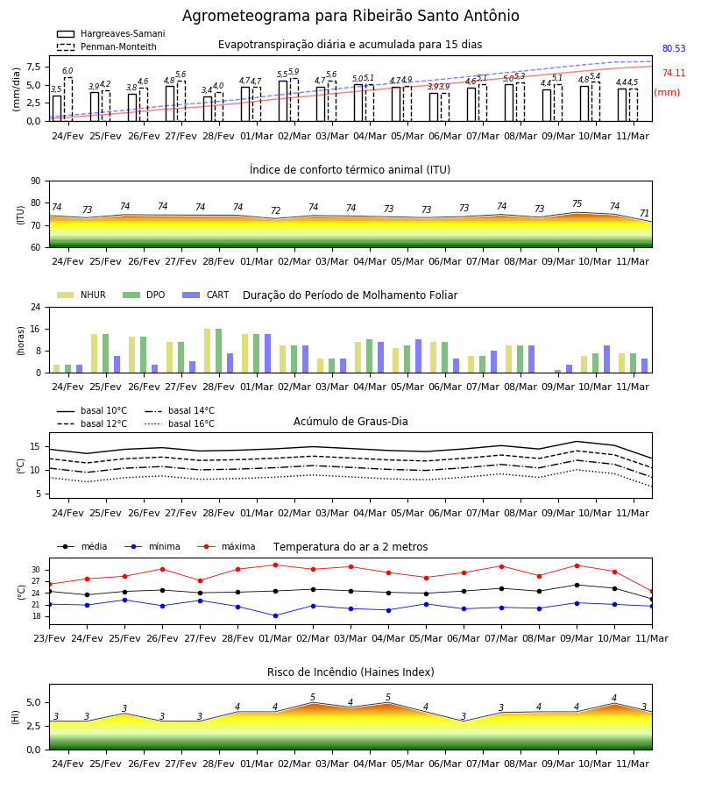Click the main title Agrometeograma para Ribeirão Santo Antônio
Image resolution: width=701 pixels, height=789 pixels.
tap(350, 16)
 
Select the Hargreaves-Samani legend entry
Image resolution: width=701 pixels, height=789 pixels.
tap(110, 33)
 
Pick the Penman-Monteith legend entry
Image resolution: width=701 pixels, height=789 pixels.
tap(107, 46)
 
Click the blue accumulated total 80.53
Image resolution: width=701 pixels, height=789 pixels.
tap(674, 48)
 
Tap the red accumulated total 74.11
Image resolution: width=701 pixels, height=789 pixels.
tap(674, 73)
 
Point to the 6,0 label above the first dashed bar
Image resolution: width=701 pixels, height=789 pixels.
tap(67, 71)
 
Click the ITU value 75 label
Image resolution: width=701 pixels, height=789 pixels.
tap(577, 203)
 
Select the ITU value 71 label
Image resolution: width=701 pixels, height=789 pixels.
tap(644, 213)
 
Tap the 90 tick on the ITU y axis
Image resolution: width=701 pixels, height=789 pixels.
tap(36, 181)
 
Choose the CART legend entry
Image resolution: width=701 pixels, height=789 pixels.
tap(205, 295)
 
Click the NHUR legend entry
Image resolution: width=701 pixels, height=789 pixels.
tap(81, 295)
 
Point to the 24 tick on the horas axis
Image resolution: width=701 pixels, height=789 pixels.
tap(36, 307)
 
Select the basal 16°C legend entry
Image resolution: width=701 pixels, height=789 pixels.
tap(179, 423)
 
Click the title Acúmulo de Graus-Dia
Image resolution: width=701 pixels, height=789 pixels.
tap(350, 422)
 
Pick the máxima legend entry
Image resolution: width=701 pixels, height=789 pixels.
tap(226, 546)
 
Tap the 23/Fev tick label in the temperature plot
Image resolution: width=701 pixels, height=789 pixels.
tap(49, 638)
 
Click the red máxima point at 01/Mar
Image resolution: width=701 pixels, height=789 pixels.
tap(275, 565)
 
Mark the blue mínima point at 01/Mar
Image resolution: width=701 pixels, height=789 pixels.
tap(275, 616)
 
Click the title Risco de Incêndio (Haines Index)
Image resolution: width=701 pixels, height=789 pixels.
tap(350, 672)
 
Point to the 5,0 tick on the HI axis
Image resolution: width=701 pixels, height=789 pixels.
tap(33, 702)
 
